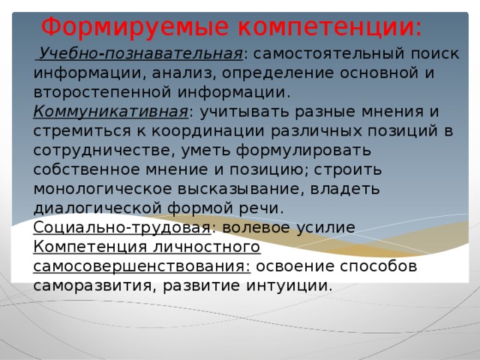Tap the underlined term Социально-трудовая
click(121, 227)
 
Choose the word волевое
click(258, 227)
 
